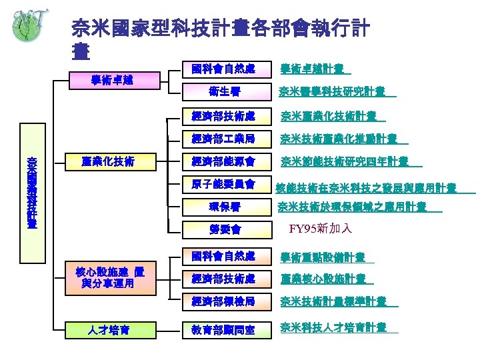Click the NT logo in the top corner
(27, 25)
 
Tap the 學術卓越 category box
(111, 80)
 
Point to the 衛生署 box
(223, 91)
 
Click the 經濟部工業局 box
(223, 139)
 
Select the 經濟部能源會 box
(223, 161)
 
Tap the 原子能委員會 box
(223, 183)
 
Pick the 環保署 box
(223, 206)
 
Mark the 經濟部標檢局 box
(223, 301)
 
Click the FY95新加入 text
(321, 229)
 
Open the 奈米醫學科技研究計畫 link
(333, 91)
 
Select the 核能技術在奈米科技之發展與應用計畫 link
(366, 187)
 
